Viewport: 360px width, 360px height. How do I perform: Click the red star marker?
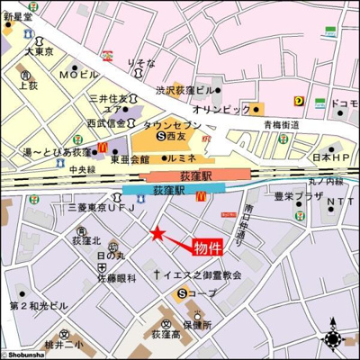(157, 234)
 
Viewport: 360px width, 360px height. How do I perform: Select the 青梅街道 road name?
(282, 125)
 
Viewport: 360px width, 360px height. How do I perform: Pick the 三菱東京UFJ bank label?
(97, 209)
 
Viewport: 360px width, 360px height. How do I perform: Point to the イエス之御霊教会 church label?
(202, 274)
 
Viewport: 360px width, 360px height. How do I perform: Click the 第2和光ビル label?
(39, 306)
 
